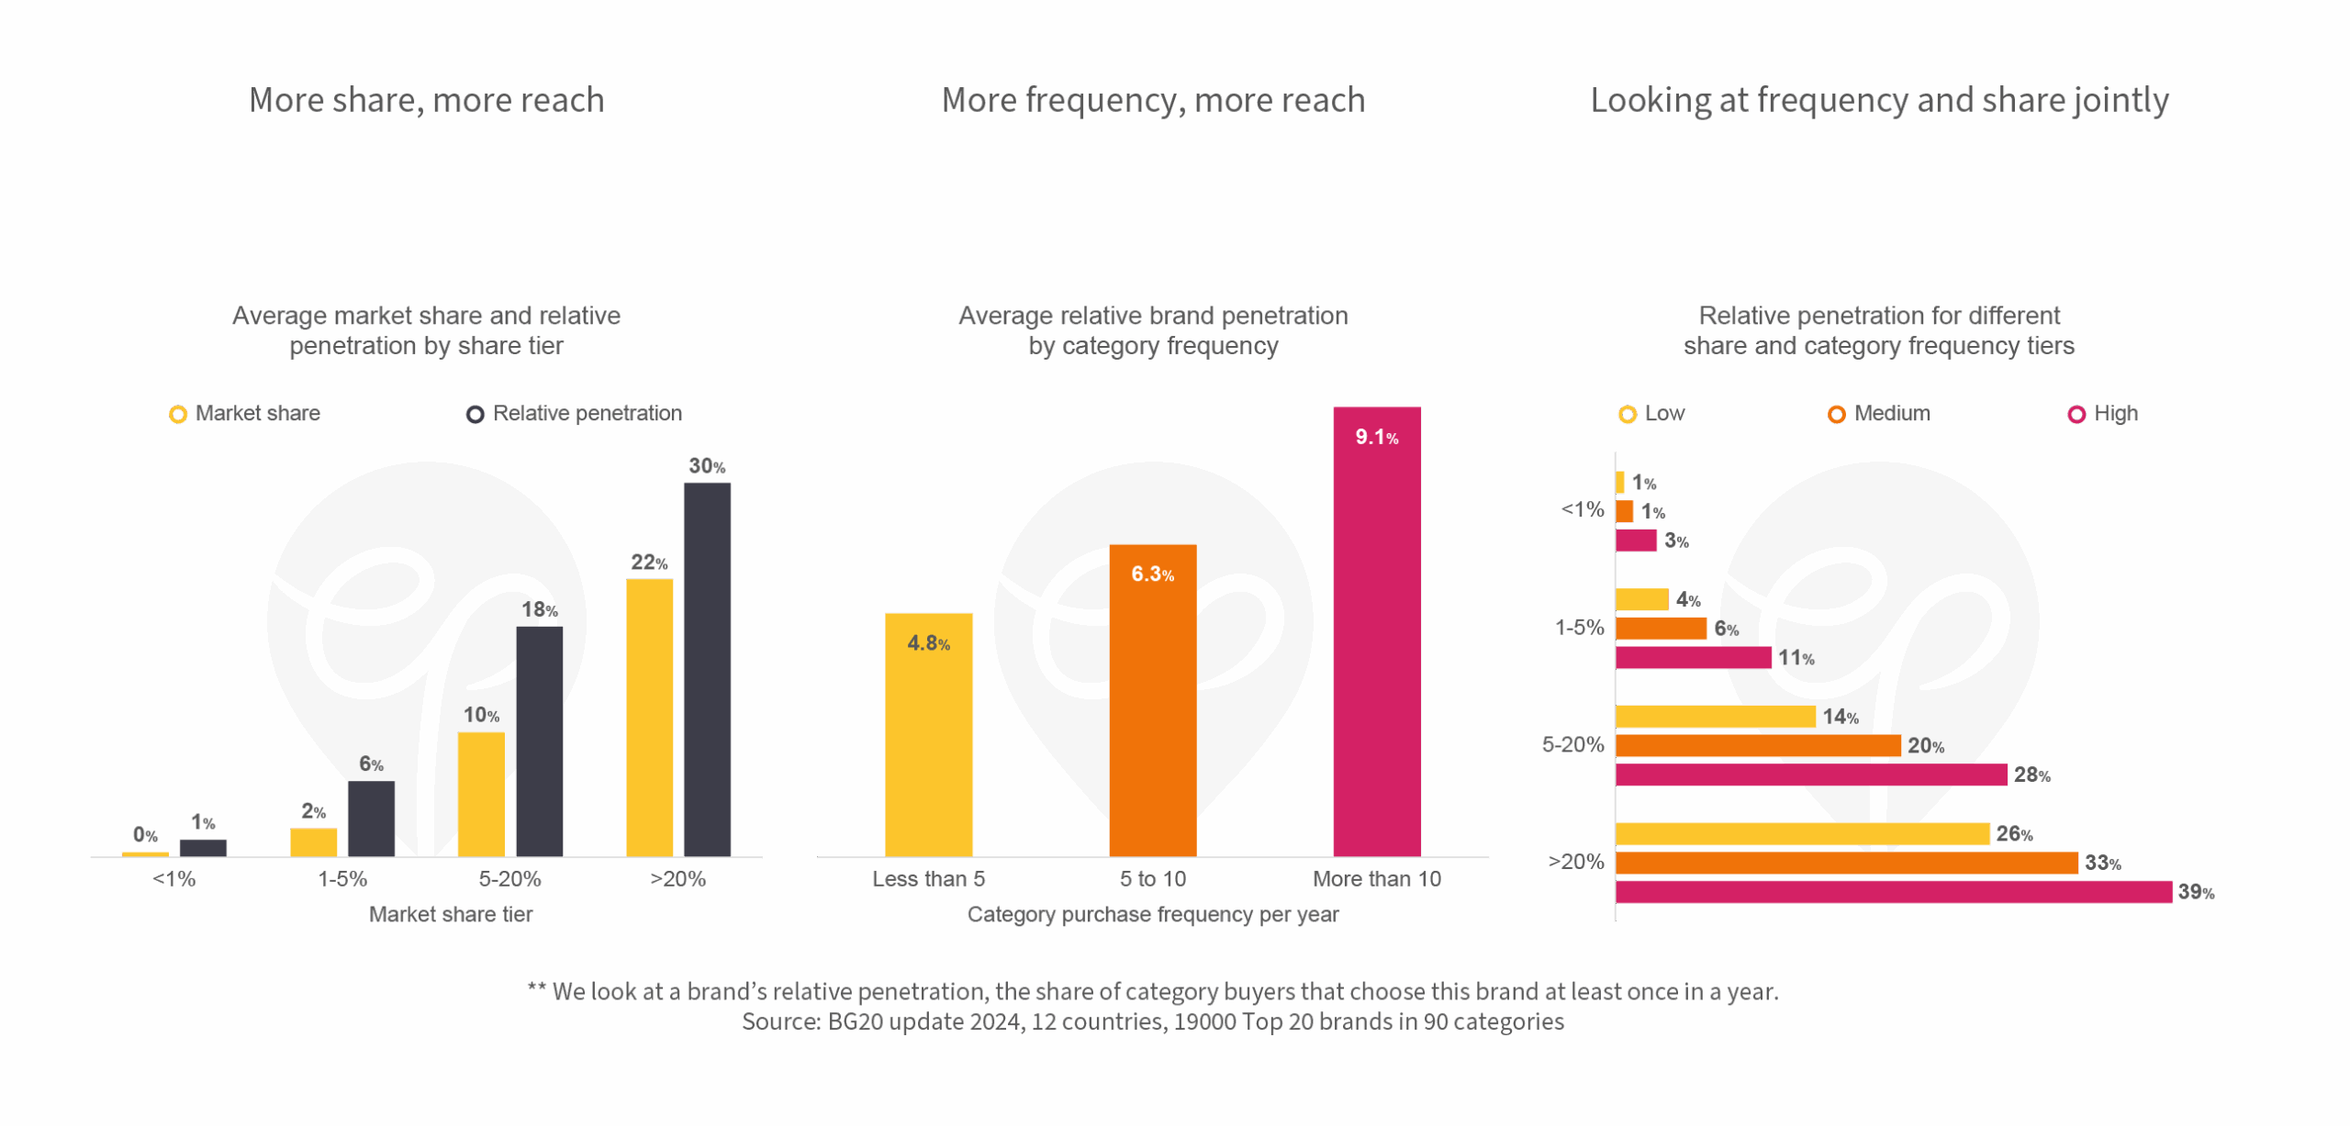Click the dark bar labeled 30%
(707, 670)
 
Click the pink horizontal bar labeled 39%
(1893, 892)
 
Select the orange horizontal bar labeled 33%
(1846, 863)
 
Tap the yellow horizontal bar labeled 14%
(1715, 717)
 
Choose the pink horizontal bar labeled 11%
(1693, 658)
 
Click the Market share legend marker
(178, 415)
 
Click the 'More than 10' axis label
(1376, 879)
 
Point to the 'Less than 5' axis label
(928, 879)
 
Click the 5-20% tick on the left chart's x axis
(509, 879)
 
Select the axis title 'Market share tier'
(450, 914)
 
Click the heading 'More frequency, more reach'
(1153, 100)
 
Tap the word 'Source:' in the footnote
(780, 1022)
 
